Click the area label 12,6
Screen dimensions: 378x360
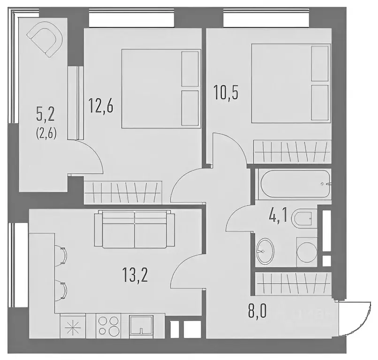(101, 106)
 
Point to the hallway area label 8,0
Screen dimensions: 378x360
(257, 312)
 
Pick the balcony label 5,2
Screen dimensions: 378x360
(45, 115)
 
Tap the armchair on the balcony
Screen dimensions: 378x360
(45, 41)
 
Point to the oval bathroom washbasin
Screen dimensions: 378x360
(265, 251)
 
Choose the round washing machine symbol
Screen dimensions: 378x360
(307, 252)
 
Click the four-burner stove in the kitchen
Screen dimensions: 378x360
(108, 325)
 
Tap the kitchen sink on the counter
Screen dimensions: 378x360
(141, 326)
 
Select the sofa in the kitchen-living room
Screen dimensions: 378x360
(135, 229)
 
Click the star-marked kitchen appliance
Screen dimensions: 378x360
(73, 326)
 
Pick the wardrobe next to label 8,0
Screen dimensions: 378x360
(293, 284)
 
